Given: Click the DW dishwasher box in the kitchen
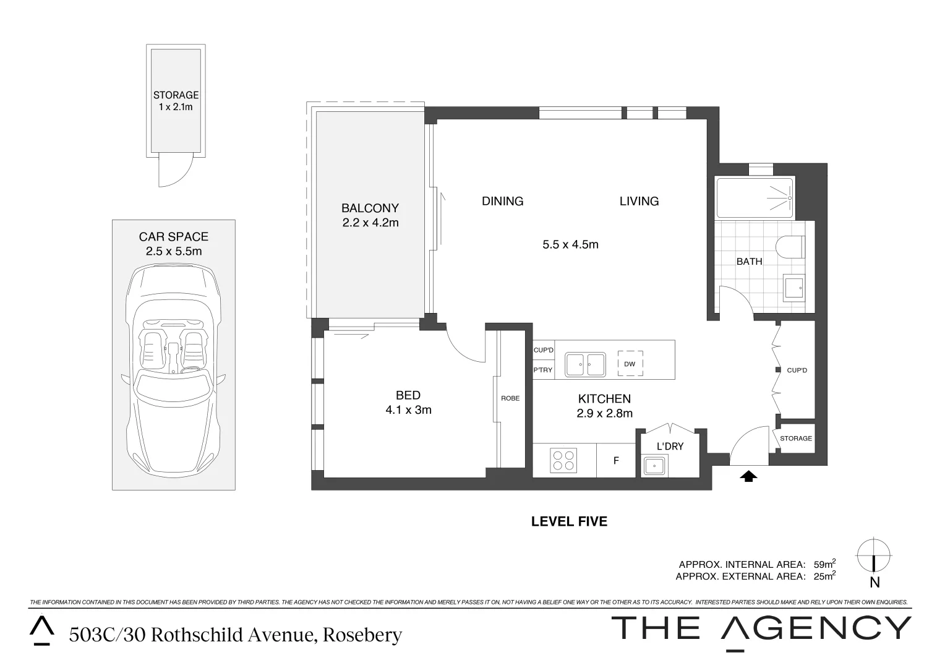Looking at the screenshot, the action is [x=630, y=363].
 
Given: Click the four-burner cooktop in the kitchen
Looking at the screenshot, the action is [x=563, y=460].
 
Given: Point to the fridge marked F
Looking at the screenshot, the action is [x=616, y=460].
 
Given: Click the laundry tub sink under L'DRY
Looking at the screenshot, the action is [x=654, y=466].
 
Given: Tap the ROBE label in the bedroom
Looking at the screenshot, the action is [x=510, y=398].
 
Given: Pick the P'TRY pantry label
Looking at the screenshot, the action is [x=543, y=370].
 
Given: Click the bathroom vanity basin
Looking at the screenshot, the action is [x=794, y=288].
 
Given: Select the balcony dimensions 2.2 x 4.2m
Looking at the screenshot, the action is [x=370, y=223].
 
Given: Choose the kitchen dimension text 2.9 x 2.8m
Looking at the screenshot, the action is [x=605, y=413].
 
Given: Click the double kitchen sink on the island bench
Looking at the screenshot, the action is [x=586, y=364].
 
